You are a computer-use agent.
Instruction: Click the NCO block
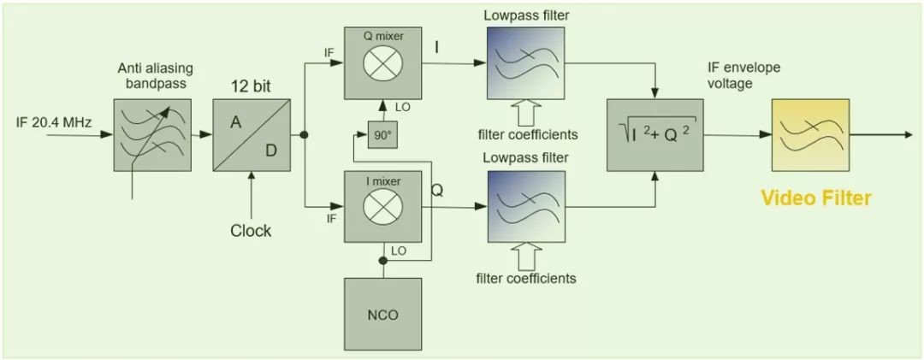pos(382,314)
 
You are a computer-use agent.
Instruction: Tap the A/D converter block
pos(252,135)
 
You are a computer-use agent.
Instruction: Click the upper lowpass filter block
pos(527,63)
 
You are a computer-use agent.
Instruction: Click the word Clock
pos(251,231)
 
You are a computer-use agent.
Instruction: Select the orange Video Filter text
pos(816,199)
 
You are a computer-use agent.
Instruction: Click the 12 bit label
pos(252,86)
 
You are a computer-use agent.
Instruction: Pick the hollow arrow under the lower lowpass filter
pos(527,258)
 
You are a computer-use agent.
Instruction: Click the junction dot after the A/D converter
pos(304,135)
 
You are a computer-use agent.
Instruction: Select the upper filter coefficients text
pos(528,134)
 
